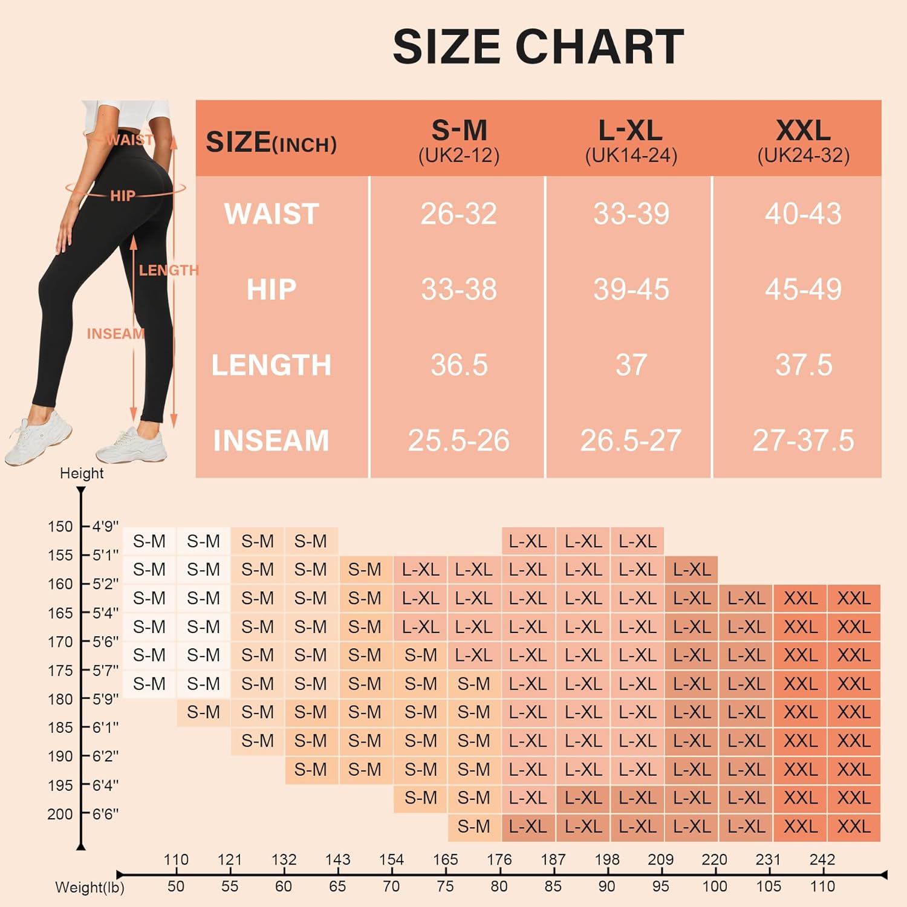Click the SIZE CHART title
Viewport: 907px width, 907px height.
538,47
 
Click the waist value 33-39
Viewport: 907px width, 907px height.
631,213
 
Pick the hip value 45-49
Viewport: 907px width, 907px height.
804,289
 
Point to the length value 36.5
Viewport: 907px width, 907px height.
459,365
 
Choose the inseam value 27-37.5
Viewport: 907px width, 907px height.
804,440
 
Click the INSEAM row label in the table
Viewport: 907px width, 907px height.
271,440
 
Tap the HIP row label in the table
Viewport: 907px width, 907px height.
271,289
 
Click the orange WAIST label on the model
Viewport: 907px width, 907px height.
129,140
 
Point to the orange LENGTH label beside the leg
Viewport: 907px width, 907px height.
169,270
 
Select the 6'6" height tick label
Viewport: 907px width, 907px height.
105,814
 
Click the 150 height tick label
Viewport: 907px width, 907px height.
60,527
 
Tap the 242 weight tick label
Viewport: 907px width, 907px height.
822,859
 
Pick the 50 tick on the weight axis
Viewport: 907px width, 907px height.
176,886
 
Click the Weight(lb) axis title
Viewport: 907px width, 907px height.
89,888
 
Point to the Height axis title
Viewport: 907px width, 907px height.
82,473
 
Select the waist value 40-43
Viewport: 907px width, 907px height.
804,213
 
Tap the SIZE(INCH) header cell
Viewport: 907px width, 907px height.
271,142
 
